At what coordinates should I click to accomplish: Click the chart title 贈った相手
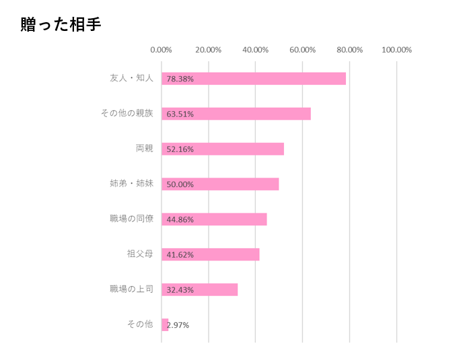(x=61, y=25)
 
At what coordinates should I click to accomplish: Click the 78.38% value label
(x=180, y=79)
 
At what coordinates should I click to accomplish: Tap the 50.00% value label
(x=180, y=184)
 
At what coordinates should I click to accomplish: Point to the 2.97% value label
(x=178, y=325)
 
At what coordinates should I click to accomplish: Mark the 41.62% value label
(x=180, y=254)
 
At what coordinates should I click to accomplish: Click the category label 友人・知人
(x=131, y=78)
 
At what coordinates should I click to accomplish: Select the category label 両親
(x=144, y=148)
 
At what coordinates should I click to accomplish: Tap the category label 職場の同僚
(x=131, y=219)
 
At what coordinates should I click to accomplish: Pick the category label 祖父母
(x=140, y=254)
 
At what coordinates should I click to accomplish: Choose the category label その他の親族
(x=127, y=113)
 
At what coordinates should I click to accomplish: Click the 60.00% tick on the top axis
(x=302, y=50)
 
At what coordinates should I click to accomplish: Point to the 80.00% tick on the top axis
(x=349, y=50)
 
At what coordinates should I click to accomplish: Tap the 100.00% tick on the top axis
(x=396, y=50)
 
